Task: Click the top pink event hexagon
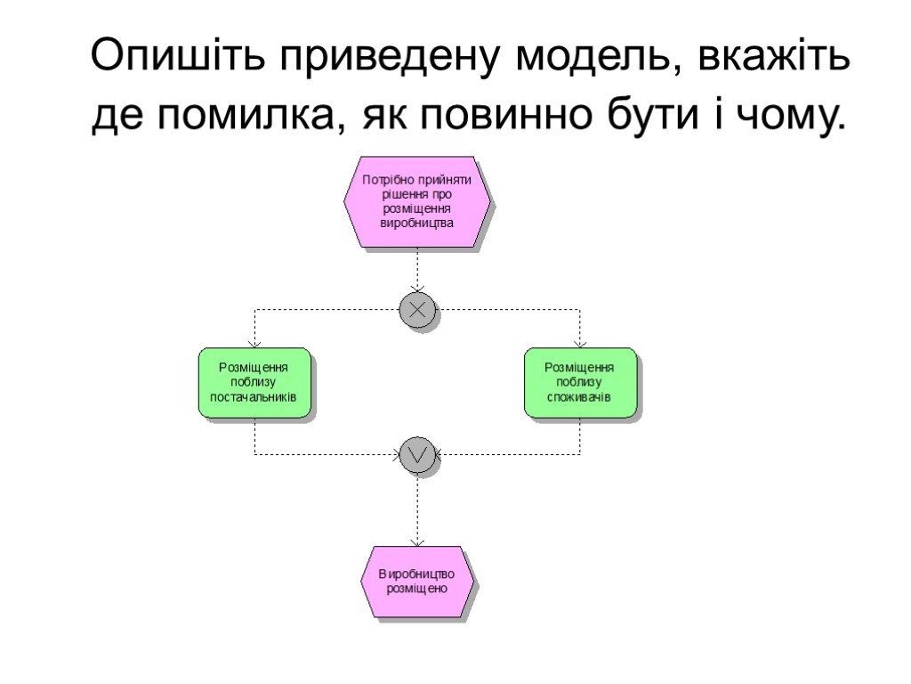pos(416,202)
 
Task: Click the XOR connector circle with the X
pos(416,310)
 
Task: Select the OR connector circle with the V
pos(416,454)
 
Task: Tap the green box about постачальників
pos(254,383)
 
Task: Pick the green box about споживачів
pos(579,383)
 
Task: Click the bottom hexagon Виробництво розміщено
pos(416,581)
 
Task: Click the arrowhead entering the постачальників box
pos(254,344)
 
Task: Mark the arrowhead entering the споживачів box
pos(579,344)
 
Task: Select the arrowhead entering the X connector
pos(416,288)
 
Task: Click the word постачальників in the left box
pos(254,396)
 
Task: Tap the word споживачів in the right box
pos(579,396)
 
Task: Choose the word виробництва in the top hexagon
pos(416,223)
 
